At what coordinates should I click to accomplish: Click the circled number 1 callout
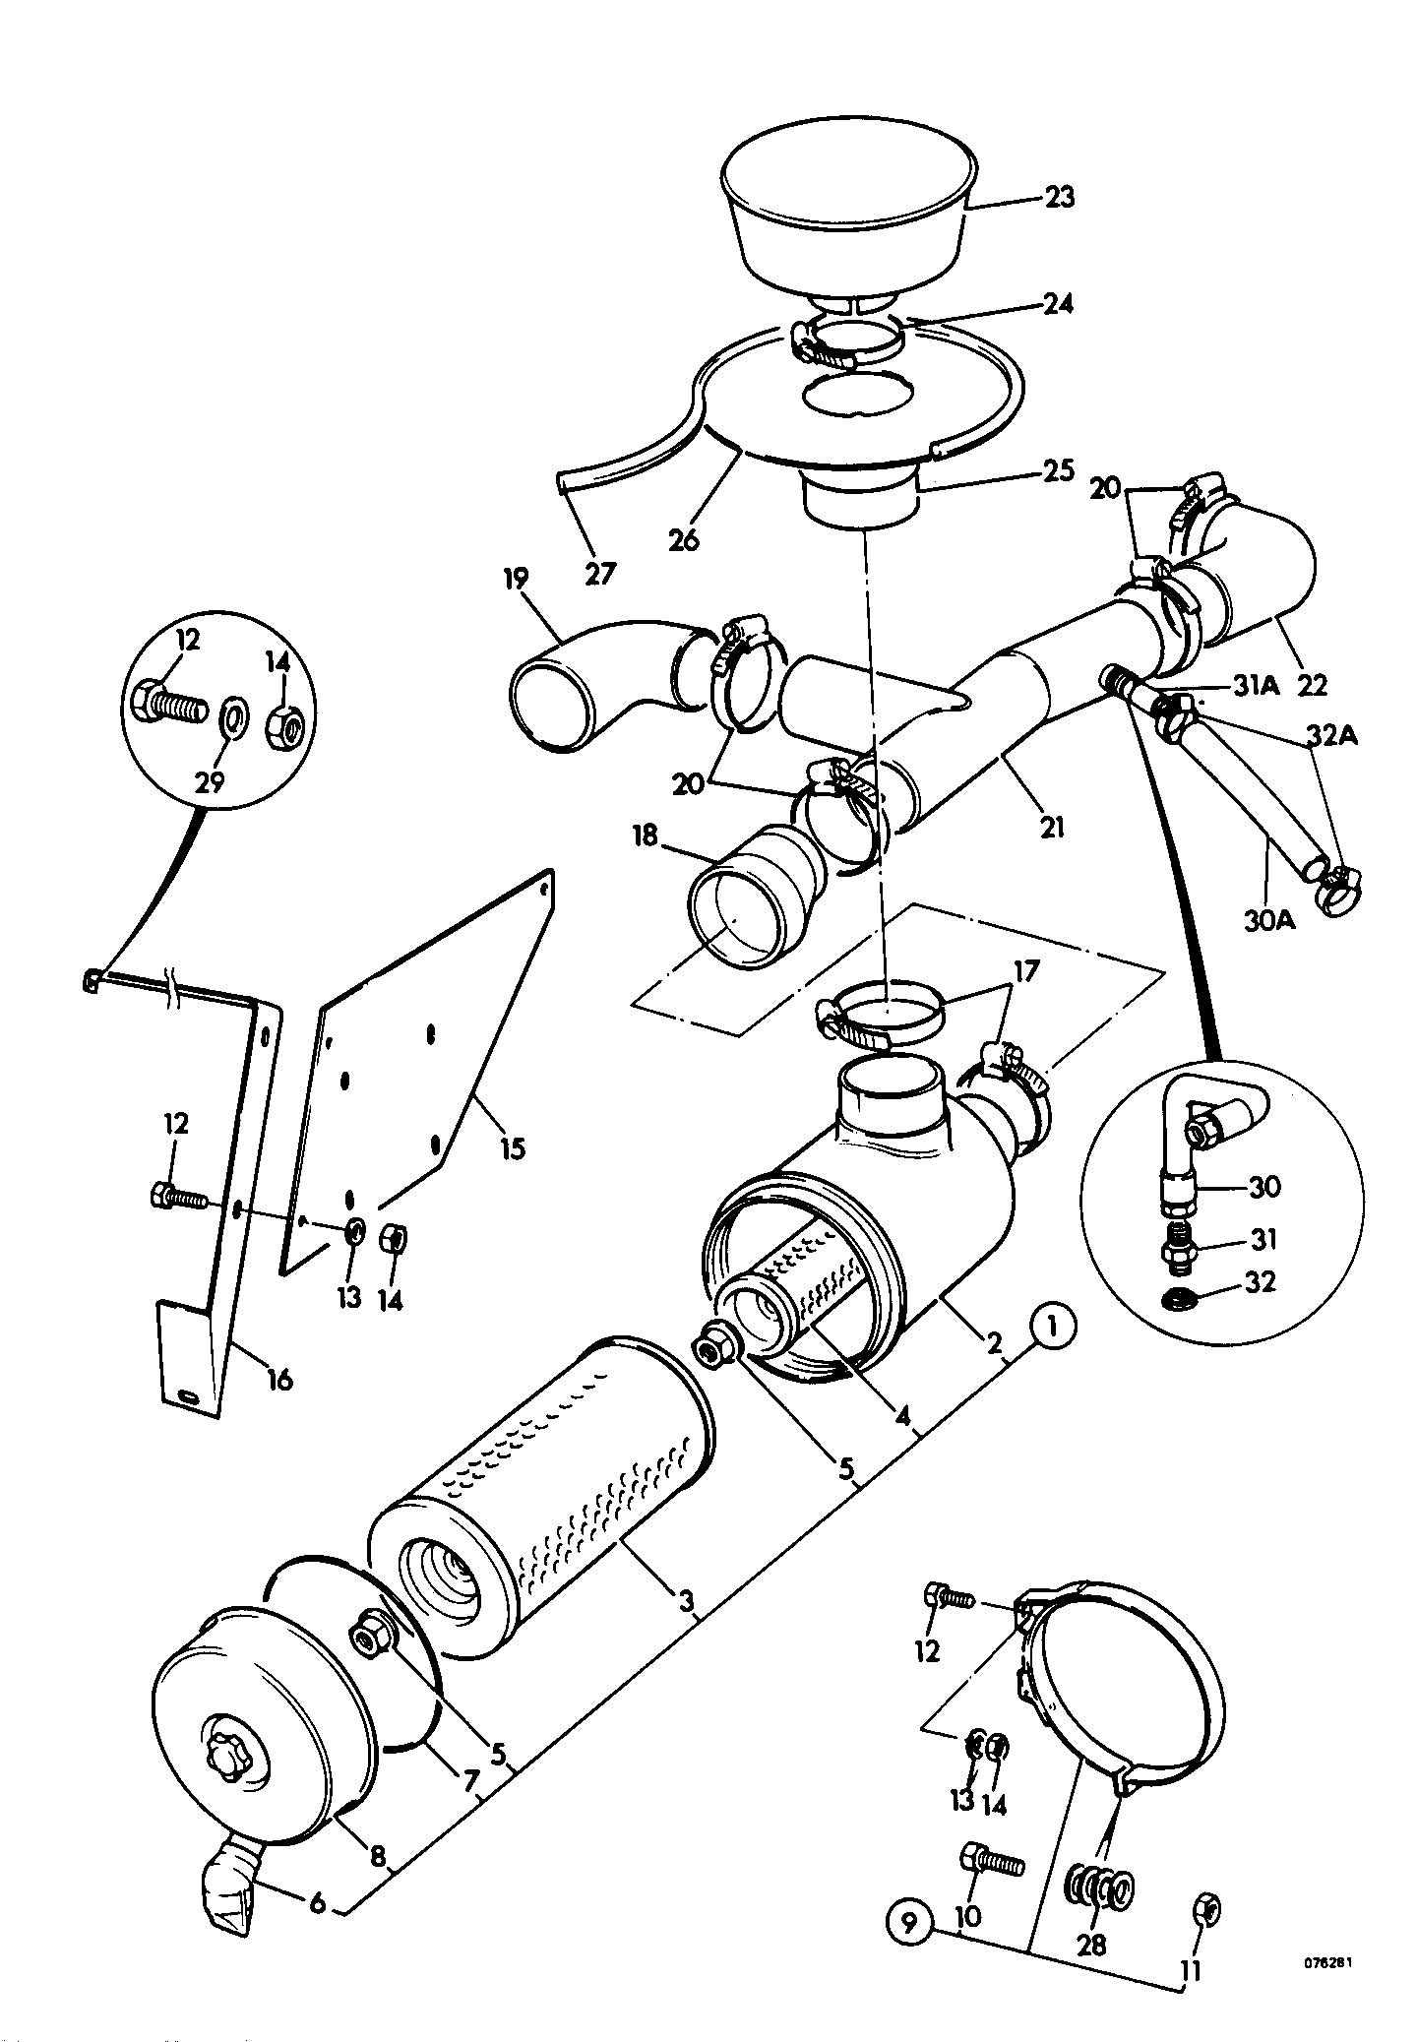click(x=1053, y=1329)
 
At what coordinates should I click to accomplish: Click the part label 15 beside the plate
click(x=513, y=1147)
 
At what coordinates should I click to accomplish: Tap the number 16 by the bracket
click(x=279, y=1380)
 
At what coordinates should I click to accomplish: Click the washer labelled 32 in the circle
click(x=1173, y=1300)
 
